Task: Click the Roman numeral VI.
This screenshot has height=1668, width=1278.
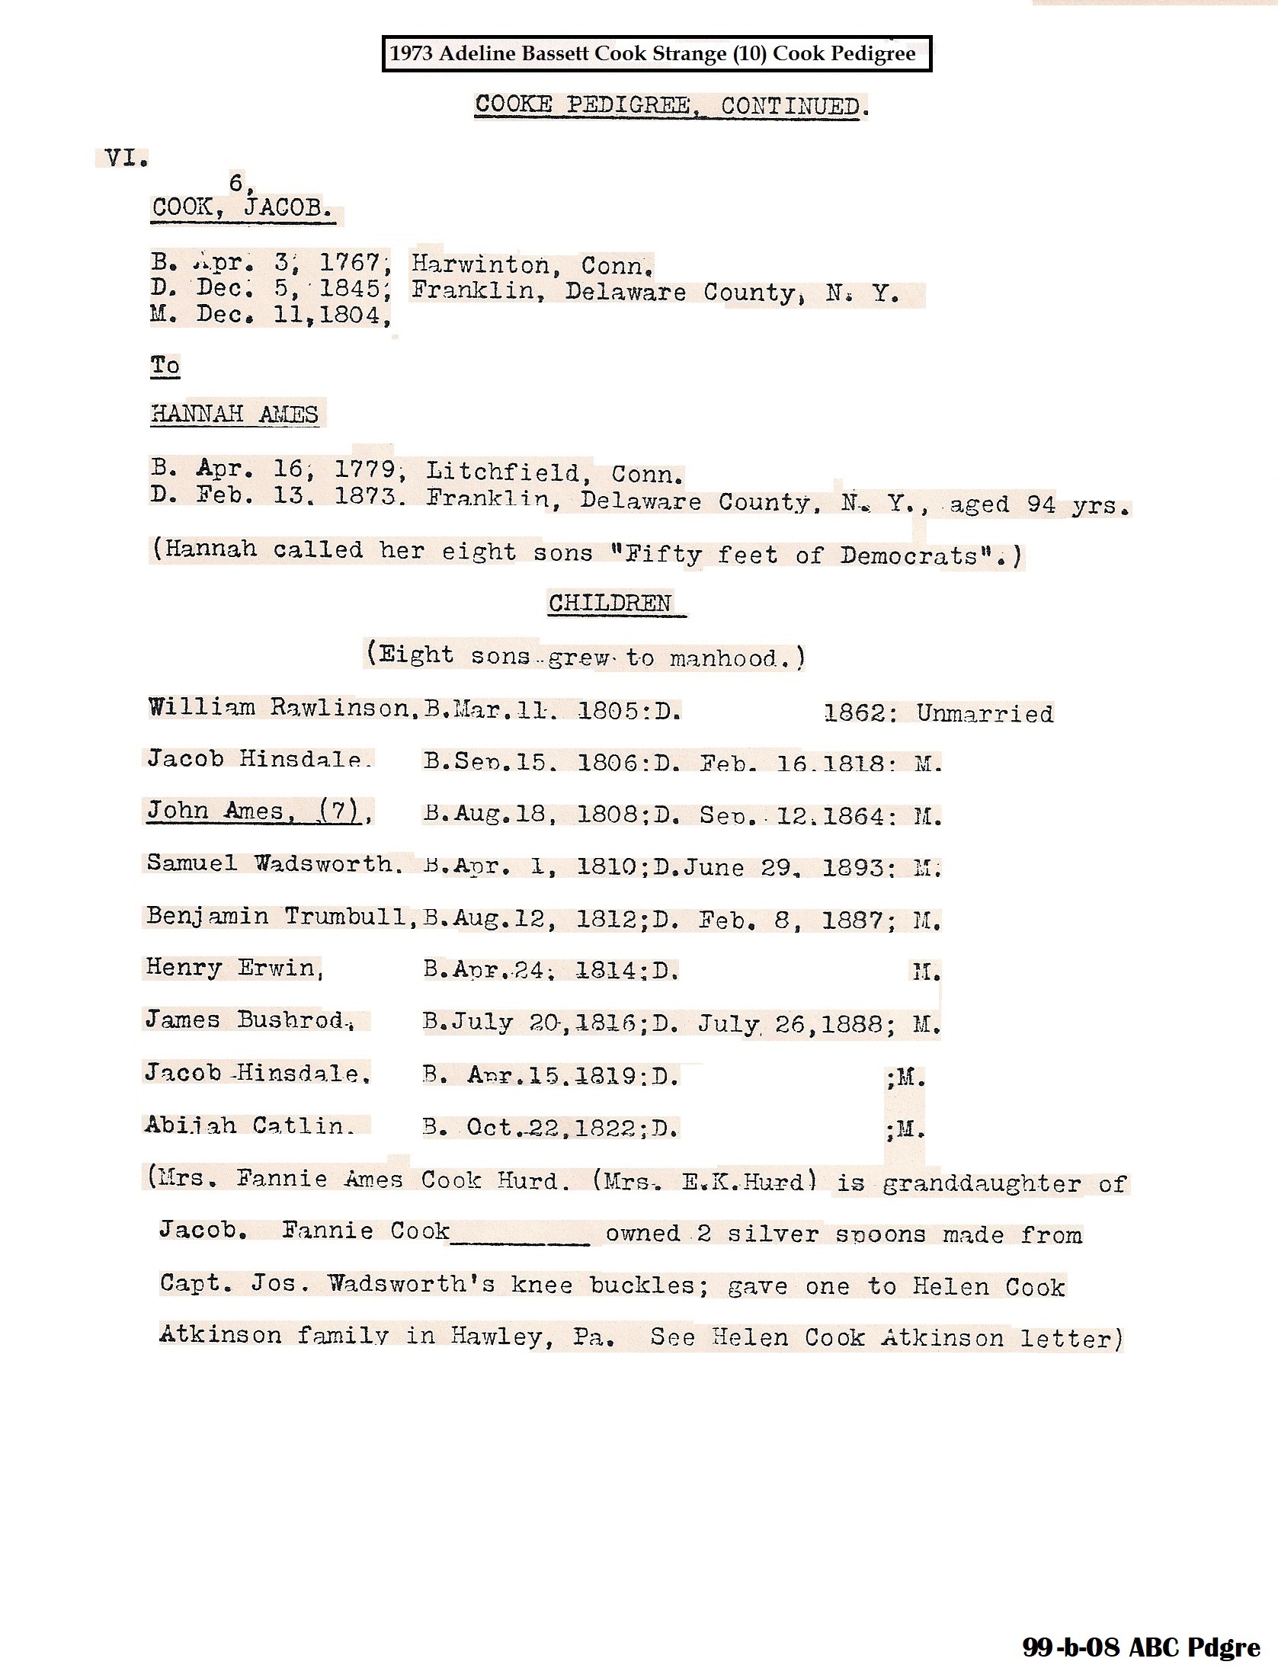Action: coord(125,158)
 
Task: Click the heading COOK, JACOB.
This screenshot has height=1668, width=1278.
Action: coord(243,207)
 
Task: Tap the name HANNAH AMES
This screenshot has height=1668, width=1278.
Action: coord(235,414)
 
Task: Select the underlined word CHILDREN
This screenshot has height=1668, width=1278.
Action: coord(610,603)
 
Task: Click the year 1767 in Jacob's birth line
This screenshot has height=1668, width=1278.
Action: coord(350,263)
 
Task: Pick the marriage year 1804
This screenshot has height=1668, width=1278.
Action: coord(350,315)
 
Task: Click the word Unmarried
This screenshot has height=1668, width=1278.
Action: coord(985,713)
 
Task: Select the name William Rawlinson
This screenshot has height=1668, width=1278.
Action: coord(279,708)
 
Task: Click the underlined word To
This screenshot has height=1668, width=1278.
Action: coord(165,366)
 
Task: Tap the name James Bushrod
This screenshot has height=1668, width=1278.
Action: coord(246,1020)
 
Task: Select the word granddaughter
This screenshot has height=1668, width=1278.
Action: coord(982,1183)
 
